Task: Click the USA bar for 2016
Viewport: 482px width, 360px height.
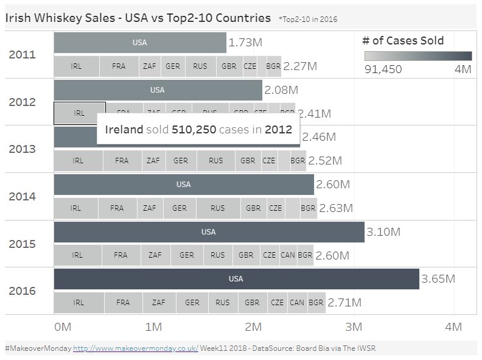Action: click(236, 279)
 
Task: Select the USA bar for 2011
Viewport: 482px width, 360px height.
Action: click(139, 43)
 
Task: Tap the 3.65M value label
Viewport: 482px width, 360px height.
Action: click(438, 279)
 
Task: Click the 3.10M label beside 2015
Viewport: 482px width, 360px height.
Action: click(383, 232)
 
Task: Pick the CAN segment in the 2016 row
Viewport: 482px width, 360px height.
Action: click(296, 302)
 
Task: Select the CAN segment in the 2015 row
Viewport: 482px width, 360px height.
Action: click(288, 255)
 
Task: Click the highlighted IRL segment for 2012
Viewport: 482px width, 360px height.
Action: click(79, 113)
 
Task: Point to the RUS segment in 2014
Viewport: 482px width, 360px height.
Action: click(217, 208)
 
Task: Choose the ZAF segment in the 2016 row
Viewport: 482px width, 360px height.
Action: click(159, 302)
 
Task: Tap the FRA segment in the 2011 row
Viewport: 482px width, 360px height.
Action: click(119, 66)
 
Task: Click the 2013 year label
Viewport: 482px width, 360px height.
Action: click(22, 149)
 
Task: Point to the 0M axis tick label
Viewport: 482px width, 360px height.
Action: click(63, 326)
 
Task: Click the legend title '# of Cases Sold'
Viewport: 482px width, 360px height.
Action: click(403, 41)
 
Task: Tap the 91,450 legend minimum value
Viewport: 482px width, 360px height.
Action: click(383, 69)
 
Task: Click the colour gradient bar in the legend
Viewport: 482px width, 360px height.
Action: click(418, 56)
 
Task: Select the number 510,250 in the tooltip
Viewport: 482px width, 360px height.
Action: click(194, 130)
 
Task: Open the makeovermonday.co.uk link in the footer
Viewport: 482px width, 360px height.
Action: click(136, 348)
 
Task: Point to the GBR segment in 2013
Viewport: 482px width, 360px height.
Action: click(248, 161)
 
